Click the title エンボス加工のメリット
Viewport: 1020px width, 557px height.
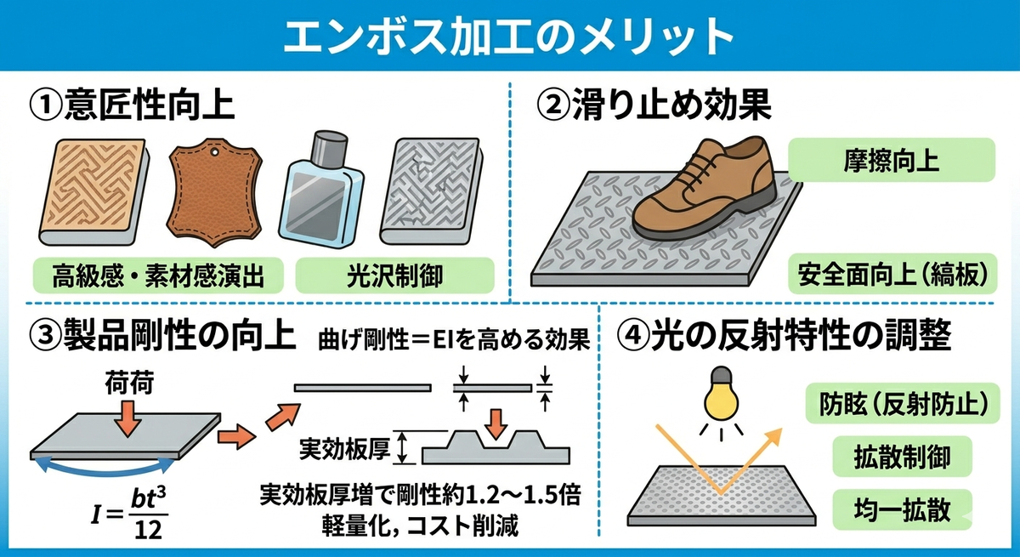508,36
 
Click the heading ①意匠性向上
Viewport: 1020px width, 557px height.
132,105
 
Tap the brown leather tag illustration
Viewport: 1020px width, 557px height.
215,192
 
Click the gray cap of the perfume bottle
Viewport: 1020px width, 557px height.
330,147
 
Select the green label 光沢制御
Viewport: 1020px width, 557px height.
394,276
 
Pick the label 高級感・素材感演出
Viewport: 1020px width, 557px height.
158,276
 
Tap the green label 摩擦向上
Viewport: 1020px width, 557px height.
891,160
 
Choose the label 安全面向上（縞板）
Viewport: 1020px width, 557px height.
892,274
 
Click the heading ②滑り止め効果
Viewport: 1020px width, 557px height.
654,105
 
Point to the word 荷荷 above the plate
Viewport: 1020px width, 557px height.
130,383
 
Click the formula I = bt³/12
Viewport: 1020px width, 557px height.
129,514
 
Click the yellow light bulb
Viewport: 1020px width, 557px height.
722,394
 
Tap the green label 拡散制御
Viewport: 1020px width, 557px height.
902,457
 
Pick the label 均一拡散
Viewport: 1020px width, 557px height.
902,509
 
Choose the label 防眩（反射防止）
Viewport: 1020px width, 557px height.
903,403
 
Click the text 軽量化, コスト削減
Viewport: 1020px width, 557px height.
420,526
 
